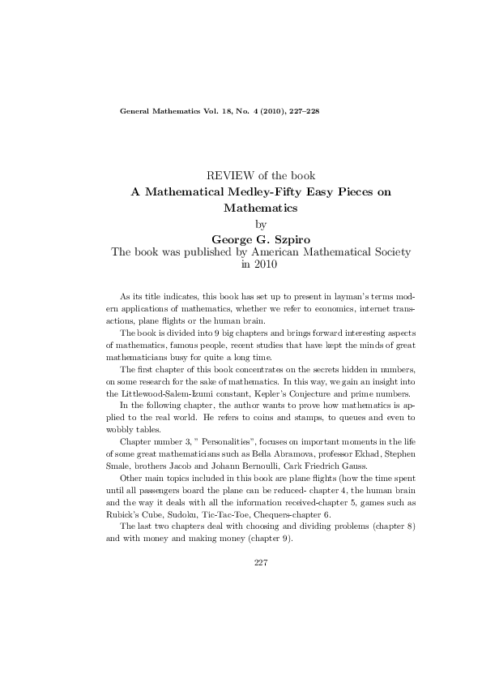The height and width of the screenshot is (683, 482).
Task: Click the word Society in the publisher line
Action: click(387, 252)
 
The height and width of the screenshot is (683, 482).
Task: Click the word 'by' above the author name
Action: click(260, 224)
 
